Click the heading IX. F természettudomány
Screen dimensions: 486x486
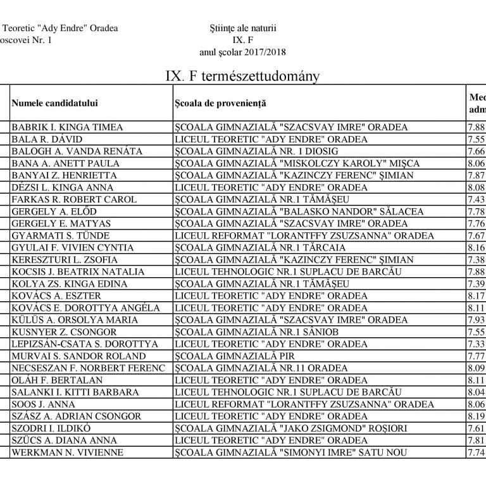[242, 76]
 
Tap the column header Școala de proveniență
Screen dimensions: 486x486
[221, 103]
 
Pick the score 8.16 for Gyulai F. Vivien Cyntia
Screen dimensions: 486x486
[476, 247]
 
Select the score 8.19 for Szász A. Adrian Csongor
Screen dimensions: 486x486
[476, 416]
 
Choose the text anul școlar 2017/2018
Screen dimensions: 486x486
[242, 53]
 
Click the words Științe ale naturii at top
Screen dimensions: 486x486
[242, 28]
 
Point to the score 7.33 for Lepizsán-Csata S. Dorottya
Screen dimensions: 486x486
[476, 344]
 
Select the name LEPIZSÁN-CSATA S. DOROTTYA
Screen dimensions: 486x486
[85, 344]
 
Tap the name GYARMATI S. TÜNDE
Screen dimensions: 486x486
[61, 235]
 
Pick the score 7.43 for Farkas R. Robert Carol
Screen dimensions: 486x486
[476, 199]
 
